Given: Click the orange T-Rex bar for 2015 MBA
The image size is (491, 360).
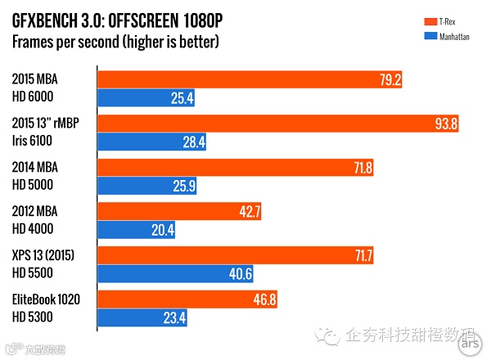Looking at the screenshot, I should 250,80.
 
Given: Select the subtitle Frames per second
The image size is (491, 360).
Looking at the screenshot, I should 114,41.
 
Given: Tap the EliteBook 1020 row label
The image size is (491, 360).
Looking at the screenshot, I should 47,300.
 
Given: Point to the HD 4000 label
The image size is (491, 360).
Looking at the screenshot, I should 34,230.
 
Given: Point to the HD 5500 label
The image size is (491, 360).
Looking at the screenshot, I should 34,274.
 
